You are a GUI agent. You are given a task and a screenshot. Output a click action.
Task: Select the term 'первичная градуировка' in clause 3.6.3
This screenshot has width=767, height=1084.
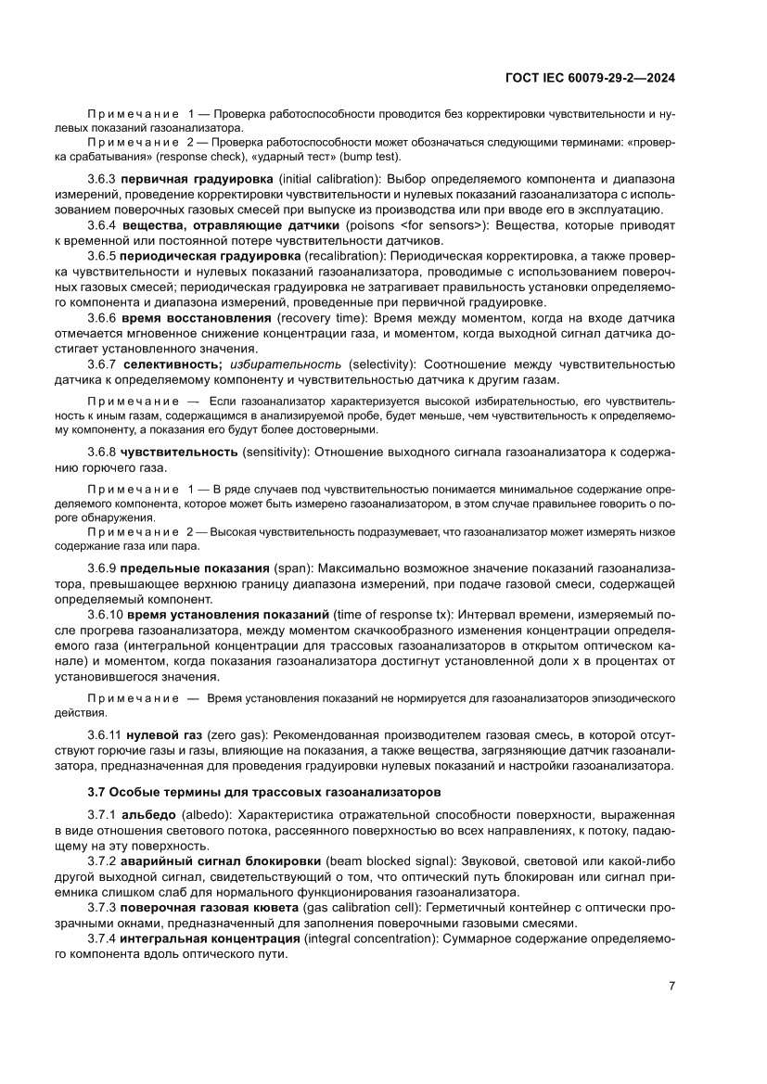[x=197, y=177]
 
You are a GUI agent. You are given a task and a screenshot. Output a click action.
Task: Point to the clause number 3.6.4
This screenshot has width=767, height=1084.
[x=102, y=225]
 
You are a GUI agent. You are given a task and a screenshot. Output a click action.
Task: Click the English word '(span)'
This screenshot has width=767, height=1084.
[x=294, y=567]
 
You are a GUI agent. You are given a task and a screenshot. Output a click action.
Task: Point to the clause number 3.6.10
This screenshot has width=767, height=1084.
[x=105, y=615]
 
